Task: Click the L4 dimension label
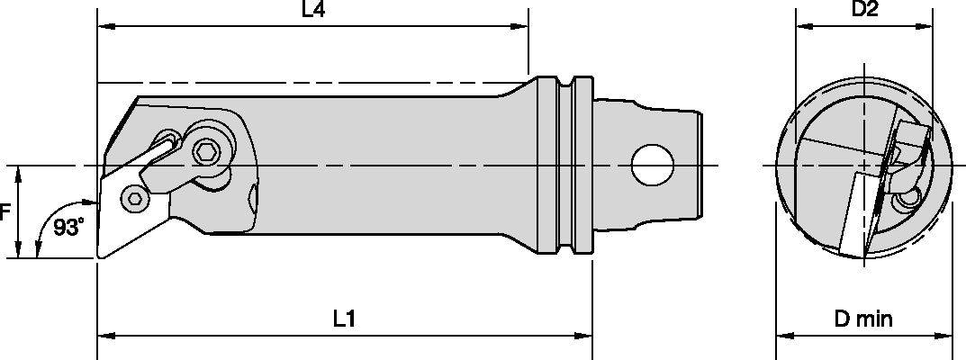311,11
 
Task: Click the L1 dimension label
344,318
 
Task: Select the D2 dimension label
864,11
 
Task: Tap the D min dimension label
862,319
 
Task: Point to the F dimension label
5,213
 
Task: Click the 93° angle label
68,229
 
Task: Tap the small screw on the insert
135,199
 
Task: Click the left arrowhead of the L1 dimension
104,336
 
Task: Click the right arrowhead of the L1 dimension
585,336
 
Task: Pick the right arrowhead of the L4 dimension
521,28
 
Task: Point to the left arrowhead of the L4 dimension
104,28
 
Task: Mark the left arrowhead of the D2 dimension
800,28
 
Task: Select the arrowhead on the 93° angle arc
39,251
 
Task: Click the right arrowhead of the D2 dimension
925,28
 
